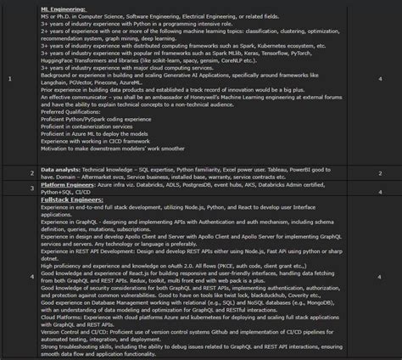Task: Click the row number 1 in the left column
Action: [x=8, y=80]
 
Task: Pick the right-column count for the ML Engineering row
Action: [x=379, y=80]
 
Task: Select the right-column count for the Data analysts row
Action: [x=379, y=174]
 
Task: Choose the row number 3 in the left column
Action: [x=8, y=188]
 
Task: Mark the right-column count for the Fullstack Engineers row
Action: [x=379, y=276]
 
